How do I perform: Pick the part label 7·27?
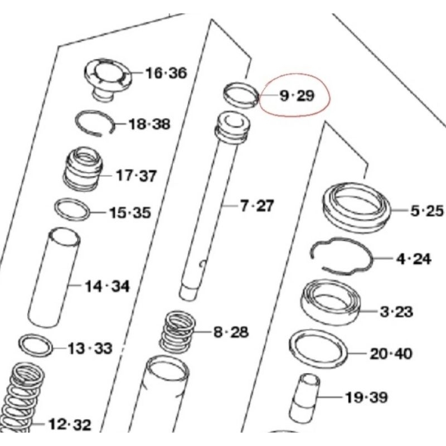click(x=257, y=206)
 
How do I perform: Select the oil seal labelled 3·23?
click(x=332, y=302)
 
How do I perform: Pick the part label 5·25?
click(x=426, y=211)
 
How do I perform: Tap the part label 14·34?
click(x=107, y=287)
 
